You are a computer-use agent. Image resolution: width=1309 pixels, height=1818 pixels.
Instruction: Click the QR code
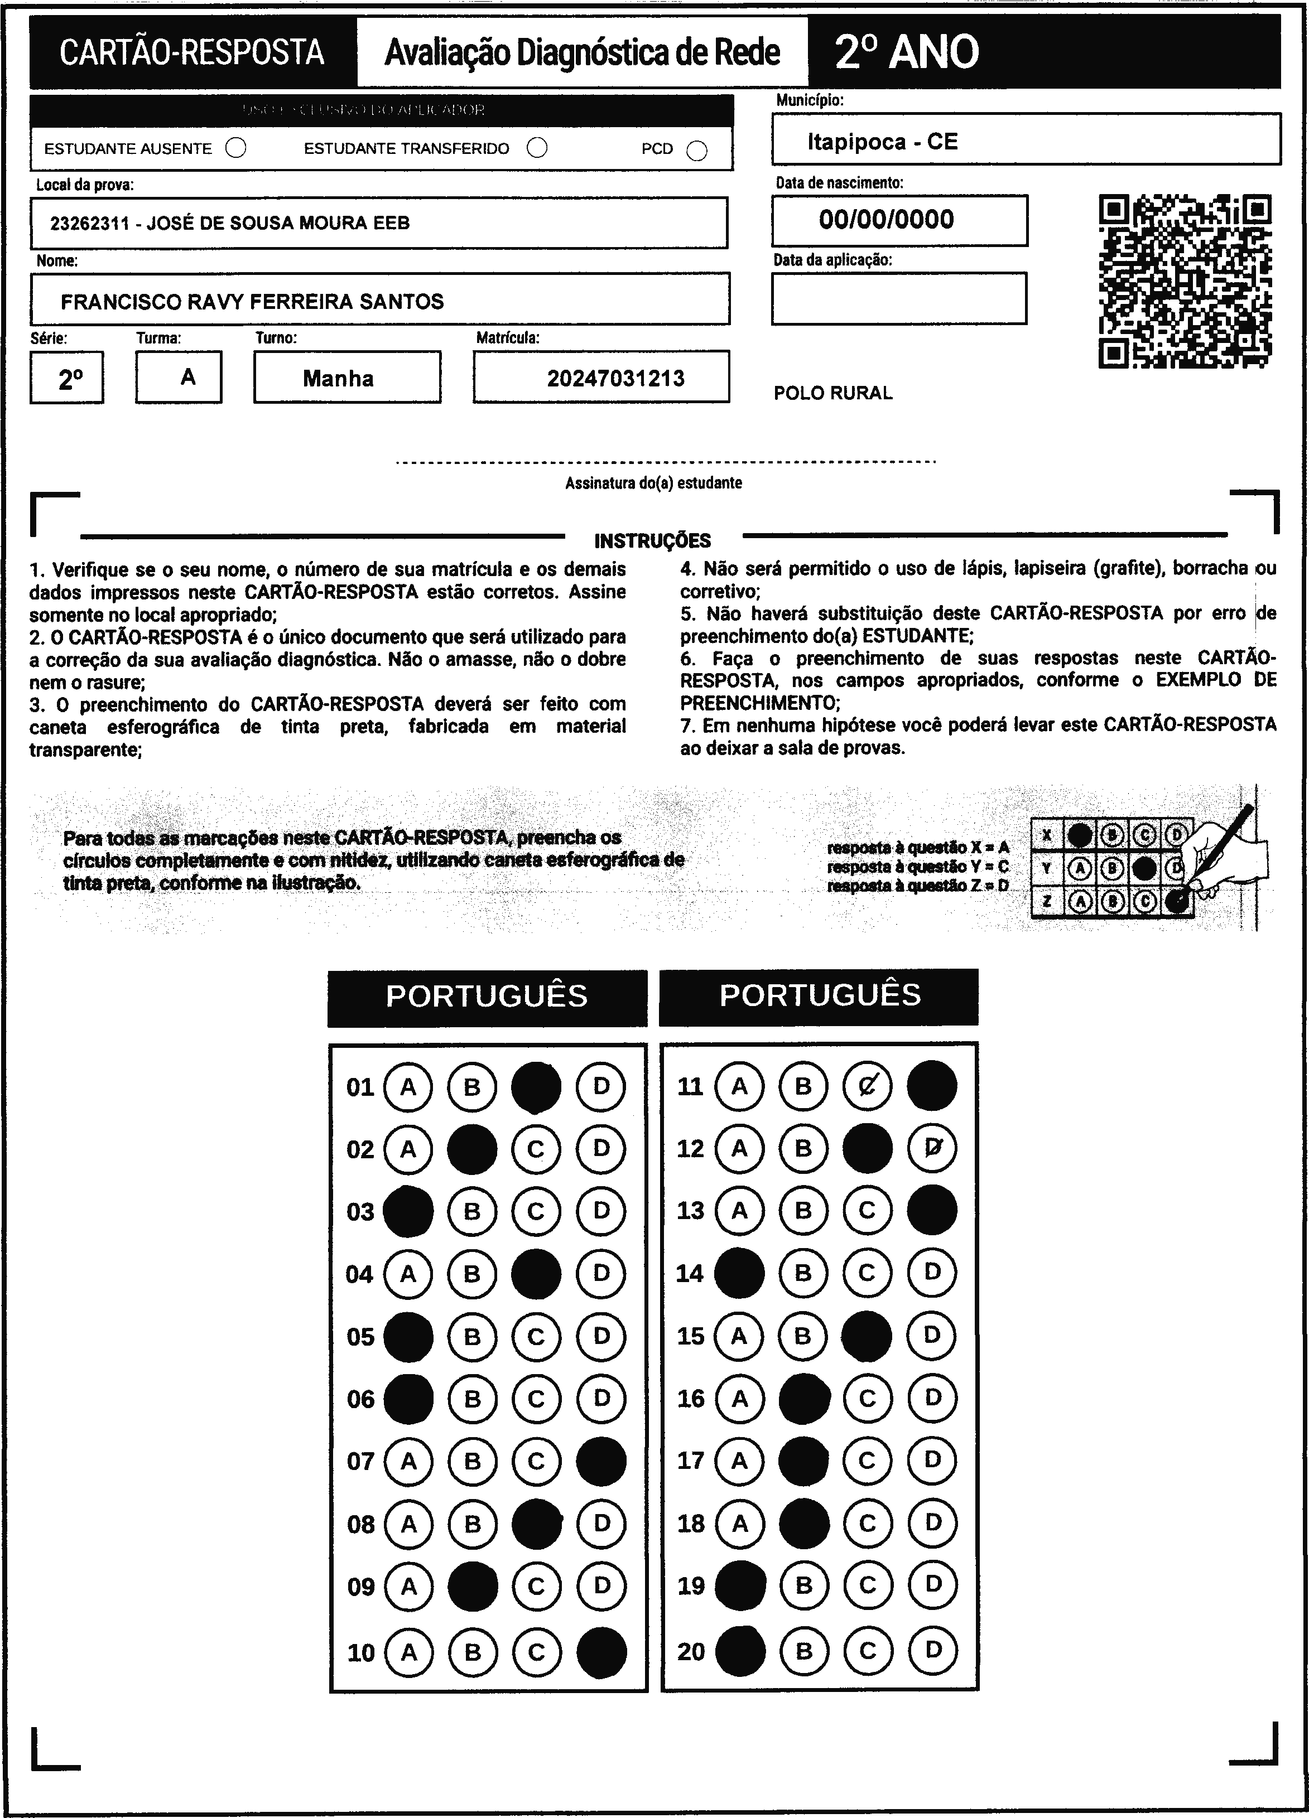[x=1184, y=282]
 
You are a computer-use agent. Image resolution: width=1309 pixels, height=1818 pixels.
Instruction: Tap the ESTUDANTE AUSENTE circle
[x=236, y=148]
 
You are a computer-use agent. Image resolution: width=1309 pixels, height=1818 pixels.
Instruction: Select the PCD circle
[x=697, y=151]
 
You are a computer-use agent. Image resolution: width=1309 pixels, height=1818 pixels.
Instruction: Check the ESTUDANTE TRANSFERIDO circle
[x=537, y=148]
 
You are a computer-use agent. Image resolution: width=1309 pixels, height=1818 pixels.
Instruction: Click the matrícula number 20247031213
[x=615, y=378]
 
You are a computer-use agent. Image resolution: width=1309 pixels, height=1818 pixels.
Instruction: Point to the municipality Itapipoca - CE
[x=882, y=142]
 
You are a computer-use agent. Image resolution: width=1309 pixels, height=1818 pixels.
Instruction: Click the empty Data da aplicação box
[x=898, y=299]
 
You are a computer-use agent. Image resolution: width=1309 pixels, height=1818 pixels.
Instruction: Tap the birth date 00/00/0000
[x=886, y=220]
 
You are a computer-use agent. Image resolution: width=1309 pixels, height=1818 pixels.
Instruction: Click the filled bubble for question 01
[x=536, y=1087]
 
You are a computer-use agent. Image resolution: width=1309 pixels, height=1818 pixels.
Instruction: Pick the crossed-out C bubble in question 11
[x=867, y=1086]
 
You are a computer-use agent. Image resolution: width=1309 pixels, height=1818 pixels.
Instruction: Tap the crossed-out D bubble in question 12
[x=932, y=1149]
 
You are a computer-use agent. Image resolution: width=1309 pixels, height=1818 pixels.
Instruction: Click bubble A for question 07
[x=408, y=1461]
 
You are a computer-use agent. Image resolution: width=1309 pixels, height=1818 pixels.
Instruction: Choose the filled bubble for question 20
[x=739, y=1651]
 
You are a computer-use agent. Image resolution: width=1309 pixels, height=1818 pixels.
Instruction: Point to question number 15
[x=690, y=1336]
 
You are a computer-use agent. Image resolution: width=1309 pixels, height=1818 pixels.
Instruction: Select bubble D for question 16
[x=932, y=1399]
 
